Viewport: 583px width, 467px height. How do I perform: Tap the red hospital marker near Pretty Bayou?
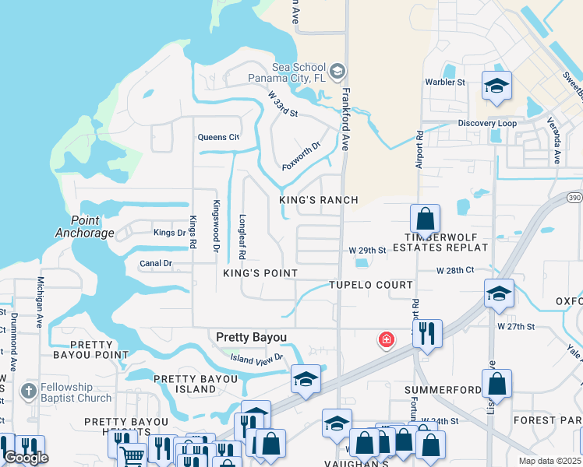[x=386, y=340]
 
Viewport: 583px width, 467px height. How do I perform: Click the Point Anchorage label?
[x=85, y=226]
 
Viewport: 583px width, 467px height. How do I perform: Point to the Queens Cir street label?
[x=218, y=137]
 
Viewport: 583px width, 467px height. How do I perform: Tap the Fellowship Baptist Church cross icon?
[x=28, y=390]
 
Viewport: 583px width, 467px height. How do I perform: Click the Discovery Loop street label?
[x=487, y=124]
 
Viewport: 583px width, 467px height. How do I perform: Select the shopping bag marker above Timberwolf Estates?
[x=425, y=218]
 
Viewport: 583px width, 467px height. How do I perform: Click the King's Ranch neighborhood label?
[x=319, y=200]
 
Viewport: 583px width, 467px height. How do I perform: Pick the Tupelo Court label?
[x=370, y=285]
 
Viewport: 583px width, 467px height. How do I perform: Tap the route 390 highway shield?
[x=574, y=197]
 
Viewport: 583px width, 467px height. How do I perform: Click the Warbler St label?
[x=444, y=82]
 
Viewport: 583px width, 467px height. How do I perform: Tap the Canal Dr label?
[x=156, y=264]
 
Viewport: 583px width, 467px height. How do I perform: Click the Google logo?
[x=26, y=458]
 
